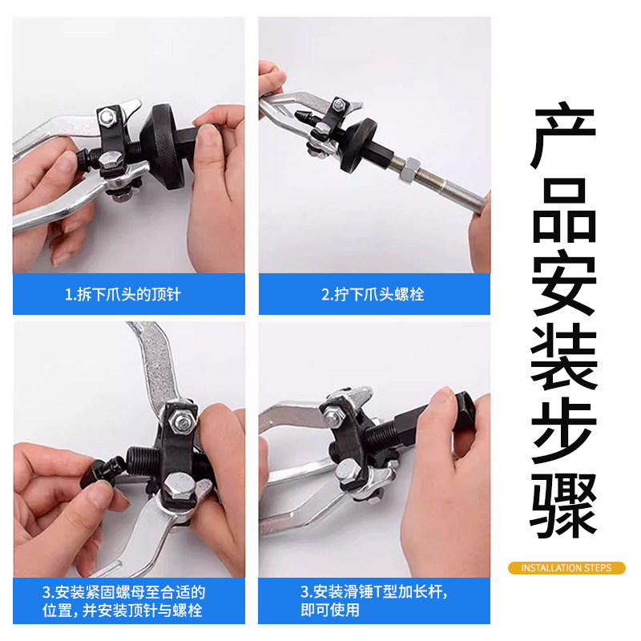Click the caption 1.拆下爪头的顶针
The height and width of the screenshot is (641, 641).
[123, 294]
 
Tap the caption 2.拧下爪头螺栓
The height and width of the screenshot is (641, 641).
[373, 294]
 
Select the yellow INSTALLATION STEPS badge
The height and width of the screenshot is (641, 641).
[566, 568]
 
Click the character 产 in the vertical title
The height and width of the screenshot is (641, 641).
[564, 135]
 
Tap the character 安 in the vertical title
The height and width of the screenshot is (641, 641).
[564, 283]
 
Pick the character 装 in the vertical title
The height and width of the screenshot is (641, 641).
[564, 357]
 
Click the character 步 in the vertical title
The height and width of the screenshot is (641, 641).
[564, 430]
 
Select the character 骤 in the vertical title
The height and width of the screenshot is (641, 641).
[564, 506]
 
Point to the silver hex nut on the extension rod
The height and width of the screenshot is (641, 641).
[409, 169]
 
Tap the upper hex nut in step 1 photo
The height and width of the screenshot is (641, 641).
[107, 116]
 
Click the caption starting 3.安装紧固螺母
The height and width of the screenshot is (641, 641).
[123, 601]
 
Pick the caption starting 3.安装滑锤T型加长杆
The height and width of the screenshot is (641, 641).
[374, 600]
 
